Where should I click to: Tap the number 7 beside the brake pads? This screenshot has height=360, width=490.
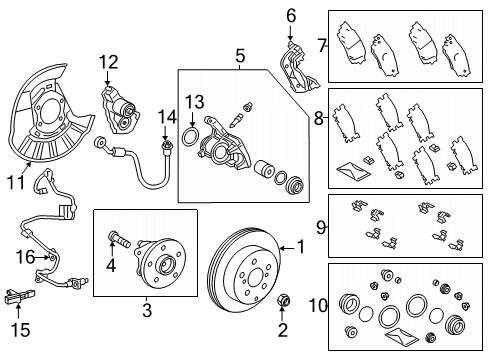(x=321, y=45)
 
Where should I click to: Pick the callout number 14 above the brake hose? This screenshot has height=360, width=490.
(x=166, y=119)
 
